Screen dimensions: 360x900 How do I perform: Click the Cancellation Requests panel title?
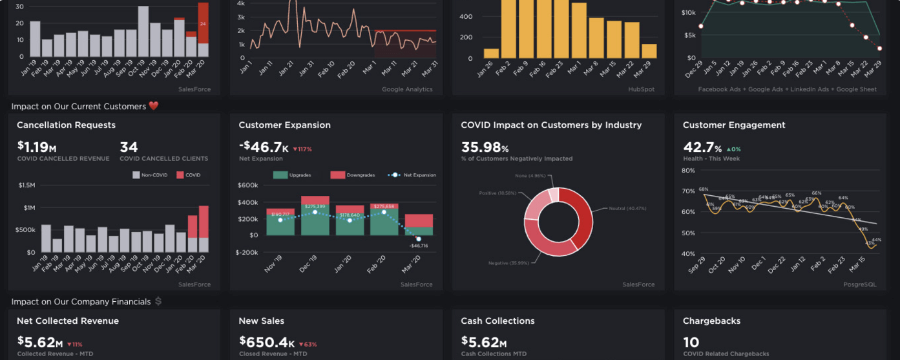tap(66, 125)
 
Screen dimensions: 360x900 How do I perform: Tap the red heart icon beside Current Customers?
tap(153, 106)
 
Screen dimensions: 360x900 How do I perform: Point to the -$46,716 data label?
tap(419, 246)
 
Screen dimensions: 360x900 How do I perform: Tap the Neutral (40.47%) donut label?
tap(627, 208)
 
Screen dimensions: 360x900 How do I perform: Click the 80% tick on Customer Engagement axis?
tap(687, 171)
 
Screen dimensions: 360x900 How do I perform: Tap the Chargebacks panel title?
tap(711, 321)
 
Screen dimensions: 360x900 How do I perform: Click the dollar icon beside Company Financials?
tap(158, 302)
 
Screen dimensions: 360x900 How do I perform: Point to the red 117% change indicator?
tap(302, 149)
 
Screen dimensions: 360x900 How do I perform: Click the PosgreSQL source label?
tap(859, 284)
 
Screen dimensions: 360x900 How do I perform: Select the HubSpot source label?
tap(641, 89)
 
